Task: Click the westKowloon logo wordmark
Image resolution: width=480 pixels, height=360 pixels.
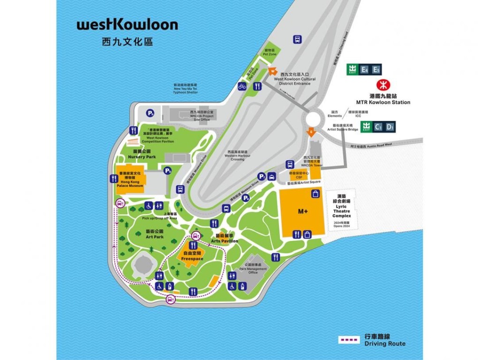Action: click(x=127, y=25)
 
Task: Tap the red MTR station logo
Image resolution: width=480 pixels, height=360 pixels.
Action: click(x=383, y=86)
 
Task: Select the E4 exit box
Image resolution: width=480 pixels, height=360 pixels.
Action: click(x=365, y=70)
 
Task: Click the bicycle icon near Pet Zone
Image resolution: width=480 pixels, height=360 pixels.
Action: click(x=242, y=86)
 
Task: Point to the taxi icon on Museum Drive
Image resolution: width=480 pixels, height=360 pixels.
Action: click(x=272, y=177)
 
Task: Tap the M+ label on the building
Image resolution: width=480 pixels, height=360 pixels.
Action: click(x=303, y=211)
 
